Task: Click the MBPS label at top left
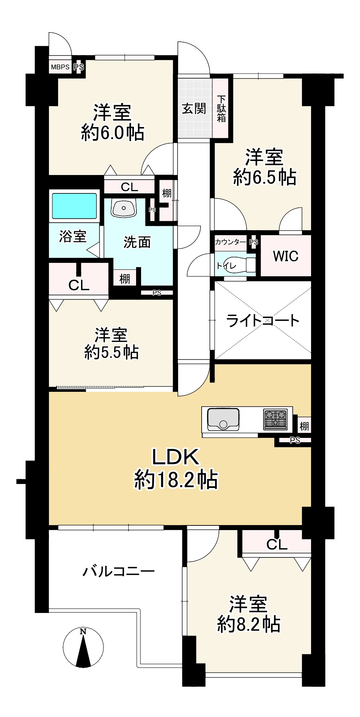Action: click(60, 67)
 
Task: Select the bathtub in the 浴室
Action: click(75, 206)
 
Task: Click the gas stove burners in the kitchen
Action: click(276, 419)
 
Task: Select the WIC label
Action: click(285, 256)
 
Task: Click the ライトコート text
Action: click(263, 321)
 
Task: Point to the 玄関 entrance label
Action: click(194, 108)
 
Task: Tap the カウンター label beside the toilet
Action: click(230, 242)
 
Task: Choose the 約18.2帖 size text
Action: click(176, 480)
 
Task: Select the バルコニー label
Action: click(119, 571)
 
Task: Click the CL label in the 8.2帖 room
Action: click(276, 545)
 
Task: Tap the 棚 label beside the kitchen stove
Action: click(304, 426)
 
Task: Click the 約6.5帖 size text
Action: click(265, 177)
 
